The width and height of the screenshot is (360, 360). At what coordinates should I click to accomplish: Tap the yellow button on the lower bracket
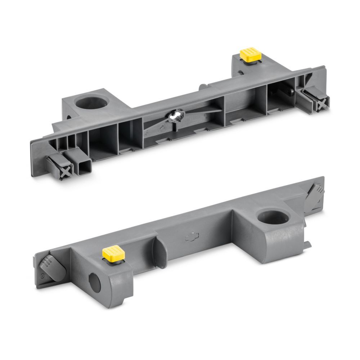(x=113, y=253)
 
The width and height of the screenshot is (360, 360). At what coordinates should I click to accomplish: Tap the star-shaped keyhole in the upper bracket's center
(x=176, y=116)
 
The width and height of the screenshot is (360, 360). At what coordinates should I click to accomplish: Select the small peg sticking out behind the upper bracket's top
(x=203, y=87)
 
